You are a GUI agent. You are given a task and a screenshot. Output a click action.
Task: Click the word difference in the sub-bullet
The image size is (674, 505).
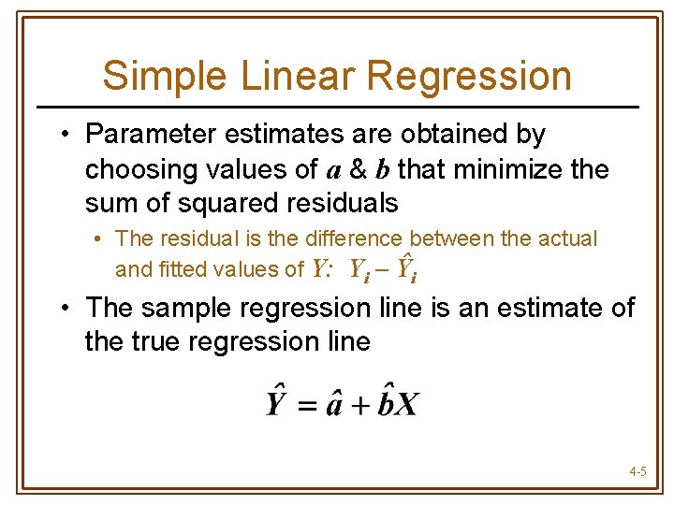pyautogui.click(x=355, y=238)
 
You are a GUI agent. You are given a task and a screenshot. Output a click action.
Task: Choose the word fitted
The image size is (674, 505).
pyautogui.click(x=193, y=270)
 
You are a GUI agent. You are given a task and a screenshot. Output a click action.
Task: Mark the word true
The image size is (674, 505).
pyautogui.click(x=159, y=341)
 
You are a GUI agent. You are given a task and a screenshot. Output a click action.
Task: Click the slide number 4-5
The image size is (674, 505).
pyautogui.click(x=637, y=472)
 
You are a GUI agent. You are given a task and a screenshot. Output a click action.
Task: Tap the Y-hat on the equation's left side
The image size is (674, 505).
pyautogui.click(x=276, y=402)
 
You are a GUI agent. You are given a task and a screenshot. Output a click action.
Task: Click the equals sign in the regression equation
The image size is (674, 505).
pyautogui.click(x=305, y=405)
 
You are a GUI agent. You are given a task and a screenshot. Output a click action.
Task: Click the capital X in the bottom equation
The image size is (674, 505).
pyautogui.click(x=407, y=404)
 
